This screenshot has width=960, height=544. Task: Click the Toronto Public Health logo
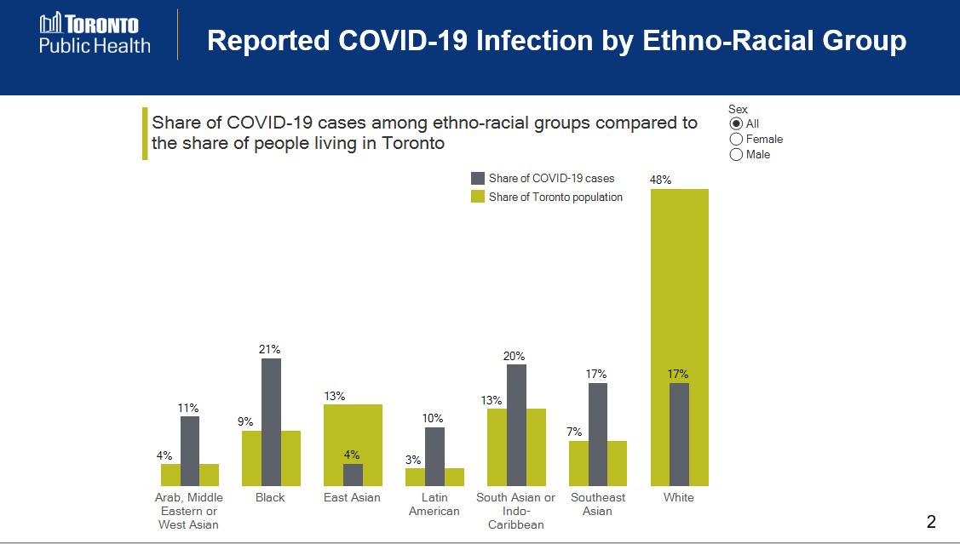tap(95, 34)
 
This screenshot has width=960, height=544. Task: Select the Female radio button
tap(736, 140)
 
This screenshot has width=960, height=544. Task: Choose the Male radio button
tap(736, 155)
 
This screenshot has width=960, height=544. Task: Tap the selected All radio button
tap(736, 124)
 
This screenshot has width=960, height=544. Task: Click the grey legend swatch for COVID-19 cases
tap(478, 179)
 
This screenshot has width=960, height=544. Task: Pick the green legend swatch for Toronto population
tap(478, 198)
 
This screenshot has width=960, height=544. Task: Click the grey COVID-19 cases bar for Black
tap(271, 421)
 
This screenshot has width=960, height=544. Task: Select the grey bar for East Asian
tap(353, 474)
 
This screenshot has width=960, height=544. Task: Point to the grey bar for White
tap(679, 434)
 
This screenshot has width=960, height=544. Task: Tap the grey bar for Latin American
tap(434, 455)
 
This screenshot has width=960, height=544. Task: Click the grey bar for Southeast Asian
tap(597, 434)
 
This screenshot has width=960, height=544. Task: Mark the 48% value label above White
tap(661, 180)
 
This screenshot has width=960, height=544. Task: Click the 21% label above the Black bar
tap(270, 349)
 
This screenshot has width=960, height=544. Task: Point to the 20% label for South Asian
tap(514, 356)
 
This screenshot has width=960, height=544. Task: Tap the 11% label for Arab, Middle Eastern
tap(189, 408)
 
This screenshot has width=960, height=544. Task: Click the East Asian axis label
tap(352, 498)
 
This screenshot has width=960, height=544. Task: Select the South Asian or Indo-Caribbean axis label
tap(515, 511)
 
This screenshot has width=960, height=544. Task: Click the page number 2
tap(931, 522)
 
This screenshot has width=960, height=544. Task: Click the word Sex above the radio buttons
tap(738, 109)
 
